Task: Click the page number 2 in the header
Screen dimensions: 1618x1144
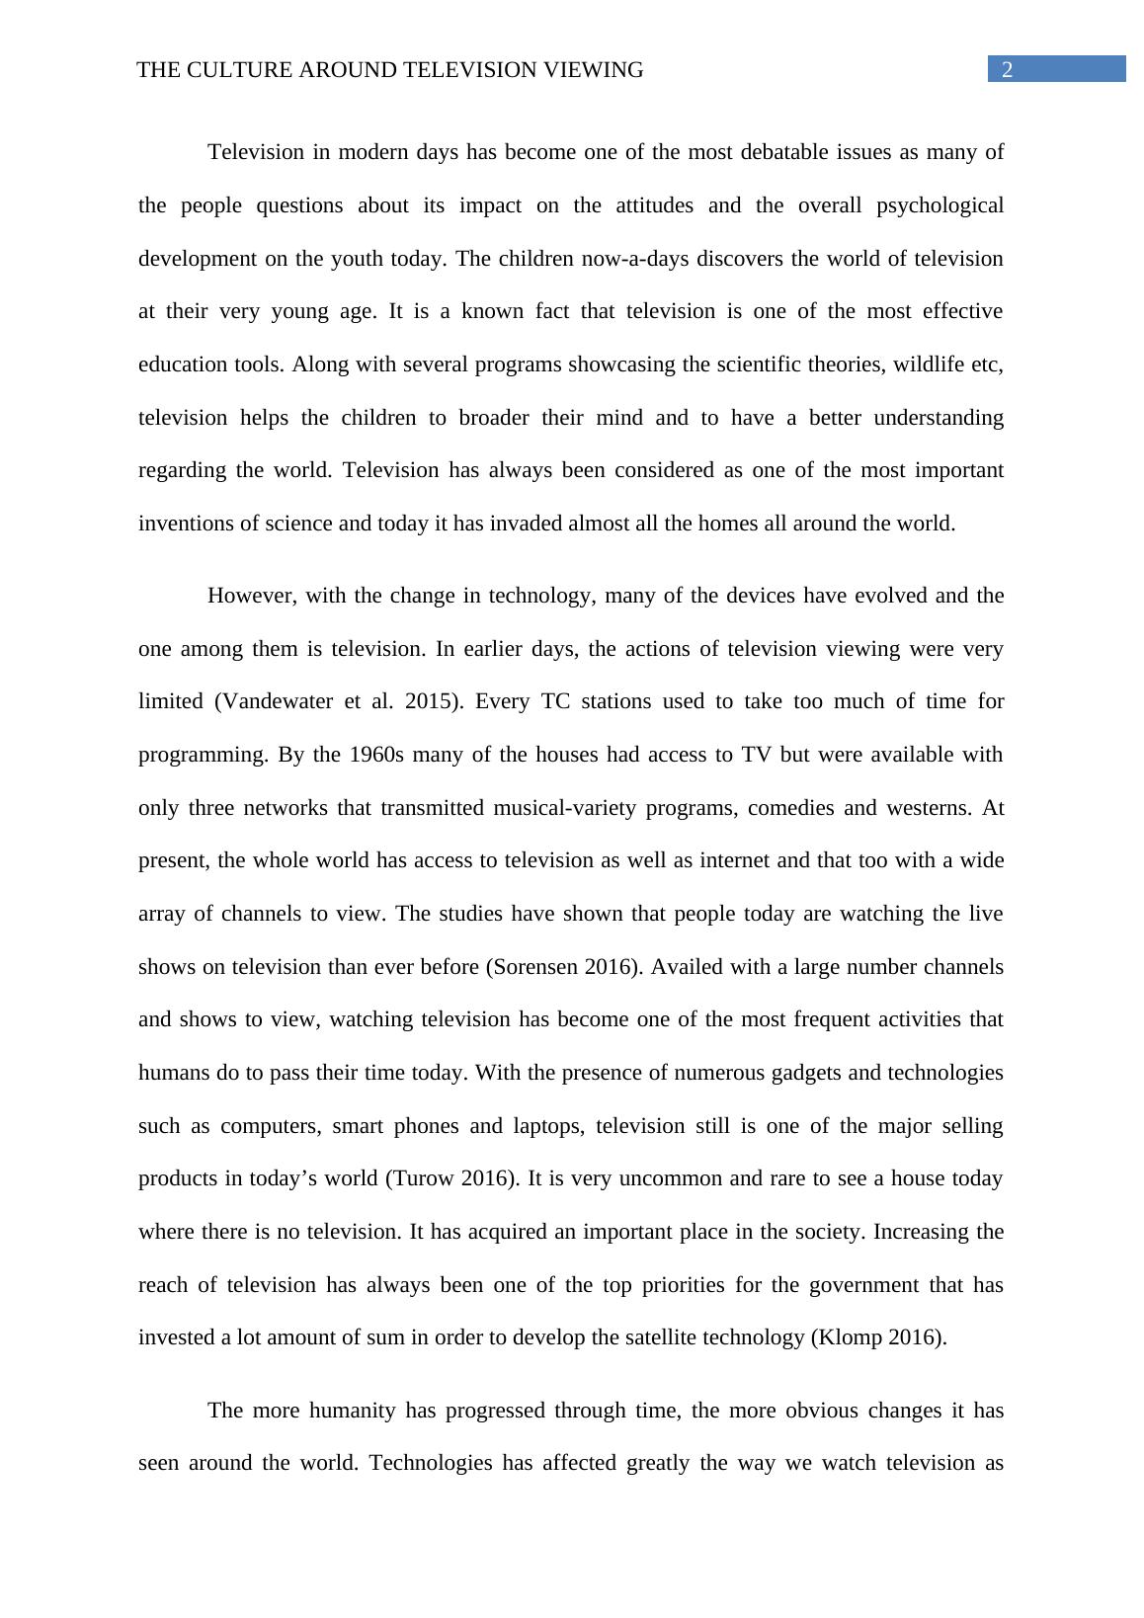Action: pos(1008,70)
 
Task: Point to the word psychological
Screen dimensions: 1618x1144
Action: pos(940,205)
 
